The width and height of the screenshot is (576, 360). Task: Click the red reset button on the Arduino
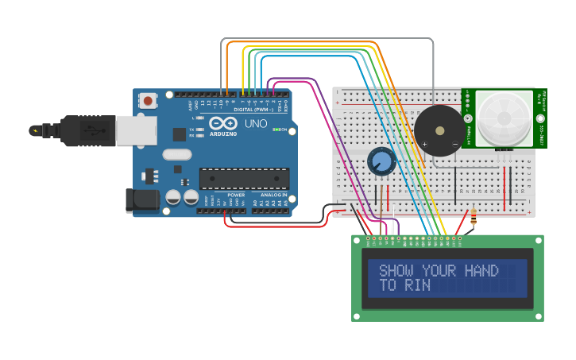click(x=148, y=101)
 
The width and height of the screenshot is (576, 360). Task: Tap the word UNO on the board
click(x=256, y=124)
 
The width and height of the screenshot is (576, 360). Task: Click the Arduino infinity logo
click(x=224, y=123)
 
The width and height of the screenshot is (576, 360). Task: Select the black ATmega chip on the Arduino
click(x=243, y=179)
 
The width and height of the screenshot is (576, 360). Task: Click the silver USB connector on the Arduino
click(x=136, y=130)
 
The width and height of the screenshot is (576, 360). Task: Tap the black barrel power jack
click(x=138, y=200)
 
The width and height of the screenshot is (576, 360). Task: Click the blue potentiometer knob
click(x=381, y=162)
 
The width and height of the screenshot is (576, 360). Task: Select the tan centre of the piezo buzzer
click(x=440, y=130)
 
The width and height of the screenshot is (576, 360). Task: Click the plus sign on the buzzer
click(x=424, y=145)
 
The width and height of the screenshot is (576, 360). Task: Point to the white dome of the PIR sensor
click(x=504, y=118)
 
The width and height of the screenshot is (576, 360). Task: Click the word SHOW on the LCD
click(x=397, y=271)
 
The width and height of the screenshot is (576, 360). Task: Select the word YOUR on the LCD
click(x=439, y=271)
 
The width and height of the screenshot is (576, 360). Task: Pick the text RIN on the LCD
click(x=418, y=285)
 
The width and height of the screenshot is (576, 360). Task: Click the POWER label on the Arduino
click(x=236, y=195)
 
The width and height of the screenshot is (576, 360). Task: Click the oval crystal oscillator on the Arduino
click(x=178, y=155)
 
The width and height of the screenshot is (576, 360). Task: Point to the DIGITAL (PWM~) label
click(x=253, y=109)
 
